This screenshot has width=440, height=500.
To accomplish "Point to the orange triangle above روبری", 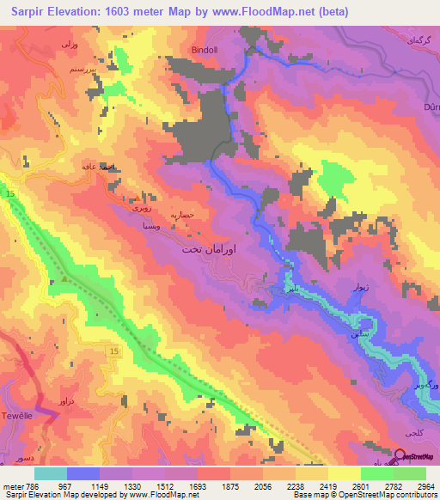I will (x=135, y=196).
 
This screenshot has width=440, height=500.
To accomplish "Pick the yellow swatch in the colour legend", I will (x=344, y=473).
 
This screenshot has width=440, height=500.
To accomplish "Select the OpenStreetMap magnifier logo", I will (x=401, y=456).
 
